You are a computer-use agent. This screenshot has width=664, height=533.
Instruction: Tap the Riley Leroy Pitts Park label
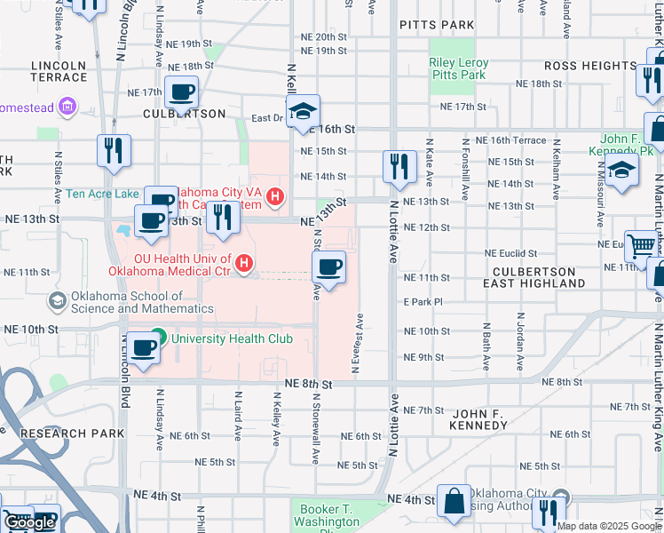[458, 69]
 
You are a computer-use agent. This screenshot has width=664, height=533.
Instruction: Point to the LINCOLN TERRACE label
[59, 71]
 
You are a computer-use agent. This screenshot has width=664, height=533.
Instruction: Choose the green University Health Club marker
[158, 337]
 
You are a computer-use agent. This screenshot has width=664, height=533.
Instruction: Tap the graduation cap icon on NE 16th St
[303, 110]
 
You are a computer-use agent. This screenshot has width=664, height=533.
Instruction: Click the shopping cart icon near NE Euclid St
[640, 244]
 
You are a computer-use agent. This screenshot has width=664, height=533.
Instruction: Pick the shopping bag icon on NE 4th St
[454, 500]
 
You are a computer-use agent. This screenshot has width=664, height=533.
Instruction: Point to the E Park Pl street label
[423, 303]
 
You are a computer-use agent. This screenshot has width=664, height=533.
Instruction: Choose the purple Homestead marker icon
[67, 108]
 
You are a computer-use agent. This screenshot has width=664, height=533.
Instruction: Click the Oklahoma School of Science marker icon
[58, 301]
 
